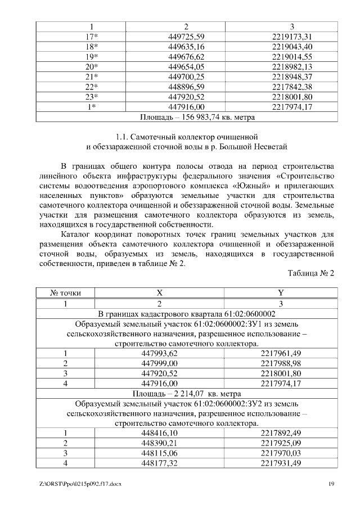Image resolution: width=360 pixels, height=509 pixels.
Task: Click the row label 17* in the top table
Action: click(92, 37)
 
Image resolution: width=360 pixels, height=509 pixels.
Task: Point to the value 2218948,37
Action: click(291, 76)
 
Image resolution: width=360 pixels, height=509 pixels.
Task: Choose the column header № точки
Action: click(65, 293)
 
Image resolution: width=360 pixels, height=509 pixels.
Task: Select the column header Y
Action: click(281, 293)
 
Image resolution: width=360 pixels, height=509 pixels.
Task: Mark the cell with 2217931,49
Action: click(281, 463)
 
